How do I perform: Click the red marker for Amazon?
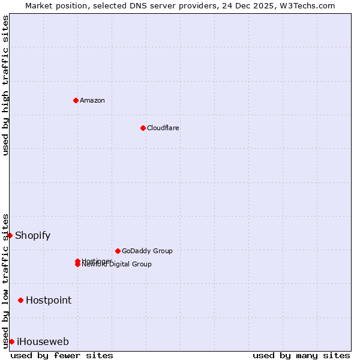tap(76, 100)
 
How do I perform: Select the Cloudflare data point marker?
tap(143, 128)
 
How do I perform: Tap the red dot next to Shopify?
tap(10, 235)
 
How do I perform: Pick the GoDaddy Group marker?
tap(118, 251)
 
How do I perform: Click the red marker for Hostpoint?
tap(21, 300)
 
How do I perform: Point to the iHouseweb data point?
tap(11, 341)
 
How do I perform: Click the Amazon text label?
tap(92, 100)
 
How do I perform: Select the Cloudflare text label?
tap(163, 128)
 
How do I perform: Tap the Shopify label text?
tap(33, 235)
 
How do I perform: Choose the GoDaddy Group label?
tap(147, 251)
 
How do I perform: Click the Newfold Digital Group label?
tap(117, 265)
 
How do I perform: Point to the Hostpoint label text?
tap(49, 300)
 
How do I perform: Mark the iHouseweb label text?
tap(43, 341)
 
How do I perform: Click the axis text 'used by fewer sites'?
tap(62, 355)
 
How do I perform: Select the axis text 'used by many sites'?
tap(301, 355)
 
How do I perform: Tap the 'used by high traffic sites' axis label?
tap(5, 85)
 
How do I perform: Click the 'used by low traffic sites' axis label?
tap(5, 281)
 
